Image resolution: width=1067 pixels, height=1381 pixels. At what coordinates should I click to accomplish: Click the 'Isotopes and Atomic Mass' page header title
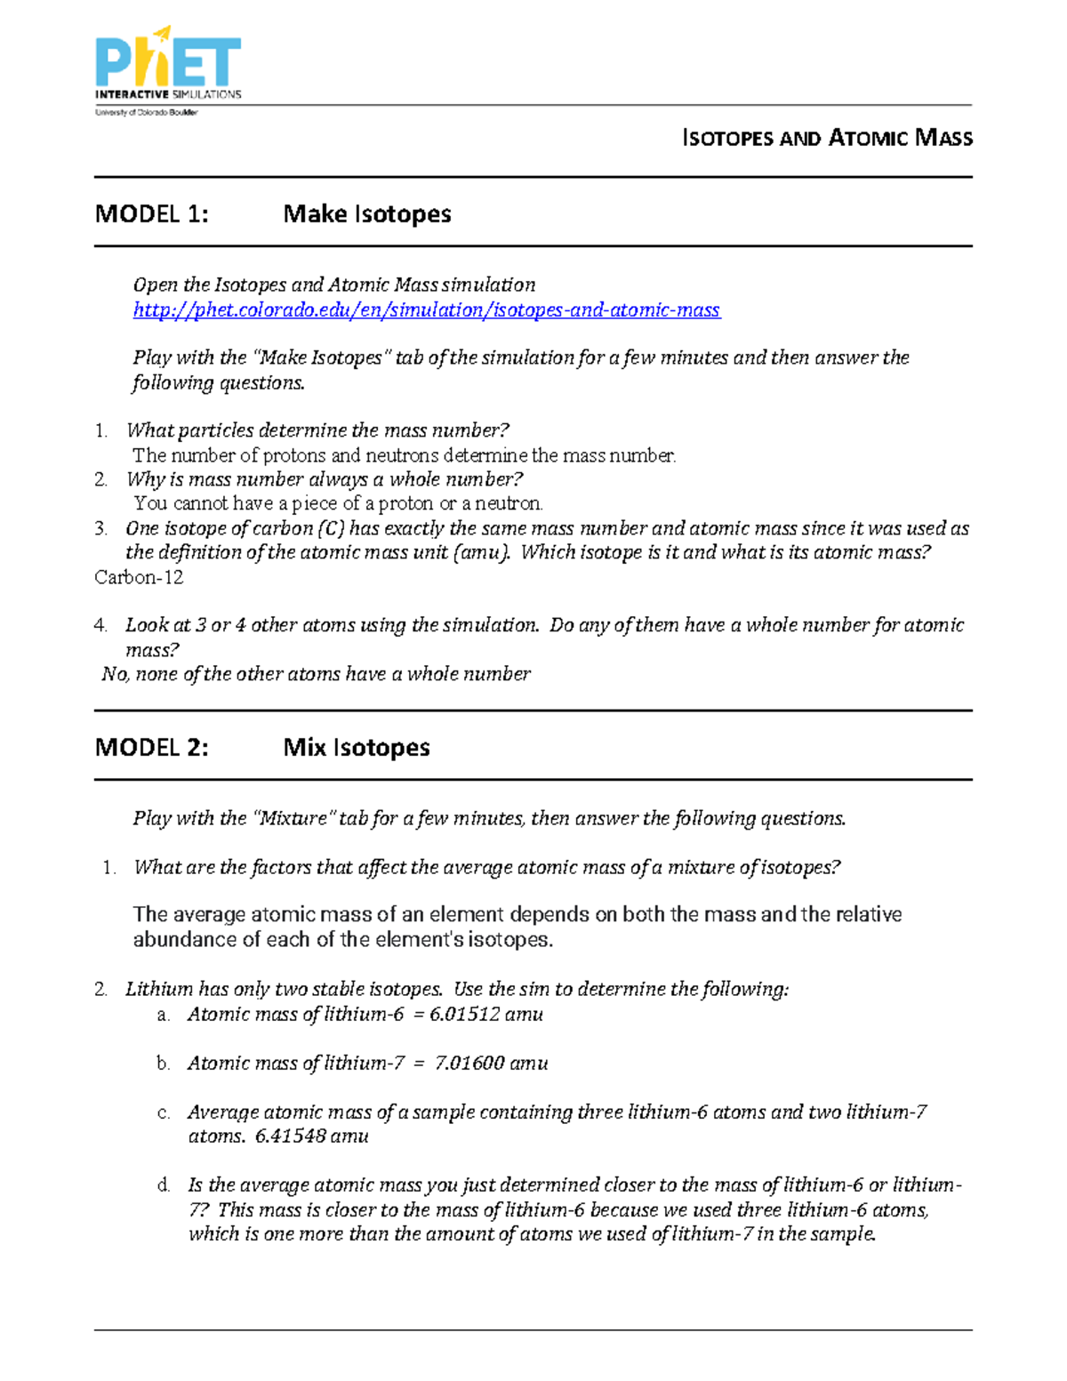point(827,138)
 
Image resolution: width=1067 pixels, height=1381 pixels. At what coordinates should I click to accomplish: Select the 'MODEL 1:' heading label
point(151,214)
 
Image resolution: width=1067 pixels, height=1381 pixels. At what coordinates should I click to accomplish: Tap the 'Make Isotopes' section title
point(366,214)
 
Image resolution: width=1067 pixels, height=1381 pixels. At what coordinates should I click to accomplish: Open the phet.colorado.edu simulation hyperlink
point(426,310)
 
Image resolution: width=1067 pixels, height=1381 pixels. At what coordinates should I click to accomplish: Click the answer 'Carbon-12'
point(139,578)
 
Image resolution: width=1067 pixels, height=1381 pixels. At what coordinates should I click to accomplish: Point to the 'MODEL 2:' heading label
point(151,748)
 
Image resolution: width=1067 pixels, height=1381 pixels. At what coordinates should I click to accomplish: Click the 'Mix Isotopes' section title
point(356,748)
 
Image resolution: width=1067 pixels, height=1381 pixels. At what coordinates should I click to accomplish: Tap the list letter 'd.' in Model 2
point(164,1185)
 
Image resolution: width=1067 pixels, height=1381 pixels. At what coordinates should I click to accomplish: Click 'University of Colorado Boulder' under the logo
point(147,113)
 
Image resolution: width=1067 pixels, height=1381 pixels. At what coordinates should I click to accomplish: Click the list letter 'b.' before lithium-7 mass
point(163,1064)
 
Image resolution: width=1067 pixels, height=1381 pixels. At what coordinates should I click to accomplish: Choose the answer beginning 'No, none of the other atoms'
point(316,675)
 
